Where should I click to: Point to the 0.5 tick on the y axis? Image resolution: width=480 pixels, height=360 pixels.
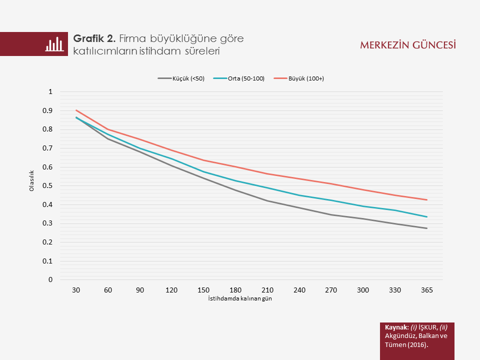coord(49,185)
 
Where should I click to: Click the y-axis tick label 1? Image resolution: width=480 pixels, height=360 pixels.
coord(50,91)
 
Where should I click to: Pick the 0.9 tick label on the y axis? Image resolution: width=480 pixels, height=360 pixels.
coord(49,110)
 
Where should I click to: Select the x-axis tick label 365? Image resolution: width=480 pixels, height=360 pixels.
coord(426,290)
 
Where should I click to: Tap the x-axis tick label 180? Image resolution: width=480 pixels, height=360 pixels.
coord(235,290)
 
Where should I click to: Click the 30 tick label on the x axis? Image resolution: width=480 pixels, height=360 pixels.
coord(76,290)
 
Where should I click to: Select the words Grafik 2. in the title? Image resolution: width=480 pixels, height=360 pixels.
coord(94,38)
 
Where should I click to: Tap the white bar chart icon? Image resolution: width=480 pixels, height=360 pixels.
coord(54,44)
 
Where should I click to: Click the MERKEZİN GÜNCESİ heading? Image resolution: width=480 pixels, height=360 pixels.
coord(408,45)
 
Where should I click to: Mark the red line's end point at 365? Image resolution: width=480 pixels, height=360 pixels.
coord(426,200)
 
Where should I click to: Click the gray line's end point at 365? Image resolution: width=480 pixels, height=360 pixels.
coord(426,228)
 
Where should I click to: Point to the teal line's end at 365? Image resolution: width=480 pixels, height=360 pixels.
coord(426,217)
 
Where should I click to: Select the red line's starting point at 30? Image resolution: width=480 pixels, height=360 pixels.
coord(76,110)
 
